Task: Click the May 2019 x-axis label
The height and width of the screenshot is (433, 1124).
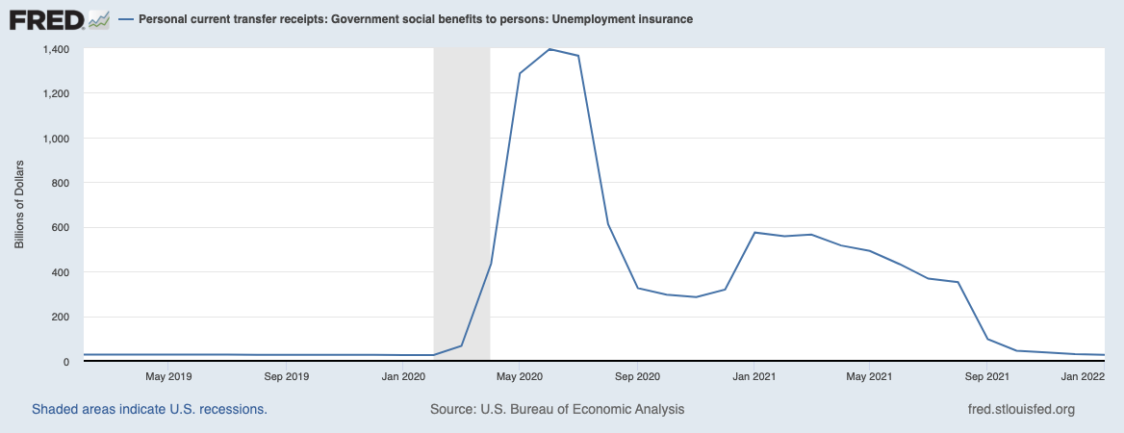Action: click(x=168, y=377)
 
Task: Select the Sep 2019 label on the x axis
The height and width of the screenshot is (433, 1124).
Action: click(x=286, y=377)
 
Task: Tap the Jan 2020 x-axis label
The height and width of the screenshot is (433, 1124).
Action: click(x=403, y=377)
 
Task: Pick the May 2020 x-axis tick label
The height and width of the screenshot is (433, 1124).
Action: click(x=520, y=377)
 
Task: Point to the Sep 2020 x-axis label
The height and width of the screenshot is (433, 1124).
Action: click(x=637, y=377)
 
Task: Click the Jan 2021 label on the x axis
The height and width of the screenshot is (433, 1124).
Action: click(x=754, y=377)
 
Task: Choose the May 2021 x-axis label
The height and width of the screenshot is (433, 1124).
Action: click(x=870, y=377)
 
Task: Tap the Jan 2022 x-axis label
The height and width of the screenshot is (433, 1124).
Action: click(x=1081, y=377)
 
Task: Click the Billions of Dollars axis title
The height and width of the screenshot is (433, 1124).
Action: click(x=19, y=205)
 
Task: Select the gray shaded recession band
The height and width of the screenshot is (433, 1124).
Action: click(x=462, y=192)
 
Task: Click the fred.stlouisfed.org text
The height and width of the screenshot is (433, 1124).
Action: click(x=1020, y=409)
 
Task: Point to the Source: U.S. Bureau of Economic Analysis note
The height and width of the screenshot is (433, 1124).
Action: click(x=557, y=409)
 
